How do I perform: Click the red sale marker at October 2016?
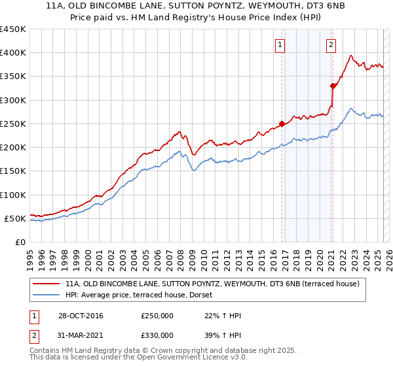(x=282, y=124)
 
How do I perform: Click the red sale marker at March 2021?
(x=333, y=86)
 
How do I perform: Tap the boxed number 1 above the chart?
(x=280, y=45)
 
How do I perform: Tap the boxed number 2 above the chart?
(x=331, y=45)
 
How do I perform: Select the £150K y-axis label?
(x=13, y=171)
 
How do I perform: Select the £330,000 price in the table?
(x=157, y=335)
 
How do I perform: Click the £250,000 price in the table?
(x=157, y=316)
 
